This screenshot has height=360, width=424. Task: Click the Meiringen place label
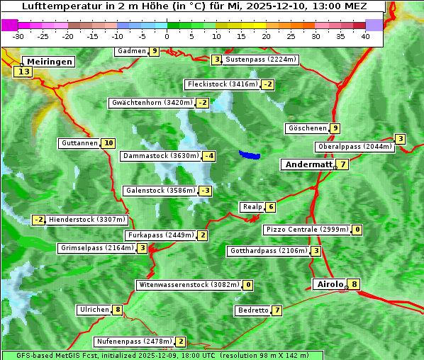click(x=48, y=62)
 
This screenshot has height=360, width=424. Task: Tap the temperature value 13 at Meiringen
click(x=23, y=72)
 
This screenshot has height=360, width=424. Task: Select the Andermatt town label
click(x=308, y=164)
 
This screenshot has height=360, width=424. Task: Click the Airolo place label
click(x=330, y=284)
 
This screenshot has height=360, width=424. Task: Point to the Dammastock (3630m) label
click(x=160, y=156)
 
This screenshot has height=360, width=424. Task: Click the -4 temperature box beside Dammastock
click(x=208, y=156)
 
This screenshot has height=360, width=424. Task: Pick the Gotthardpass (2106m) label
click(x=268, y=251)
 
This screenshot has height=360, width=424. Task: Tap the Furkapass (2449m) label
click(x=160, y=235)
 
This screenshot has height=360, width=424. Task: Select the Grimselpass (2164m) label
click(x=96, y=248)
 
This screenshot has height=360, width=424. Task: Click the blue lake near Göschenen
click(x=250, y=154)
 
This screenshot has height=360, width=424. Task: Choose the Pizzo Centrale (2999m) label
click(x=307, y=230)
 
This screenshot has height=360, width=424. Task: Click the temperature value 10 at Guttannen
click(x=108, y=143)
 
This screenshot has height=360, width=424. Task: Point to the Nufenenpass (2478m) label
click(x=134, y=342)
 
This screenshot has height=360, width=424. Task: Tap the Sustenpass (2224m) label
click(x=262, y=60)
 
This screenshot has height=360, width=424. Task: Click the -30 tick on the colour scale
click(x=18, y=36)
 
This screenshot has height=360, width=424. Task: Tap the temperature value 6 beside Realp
click(x=271, y=207)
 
